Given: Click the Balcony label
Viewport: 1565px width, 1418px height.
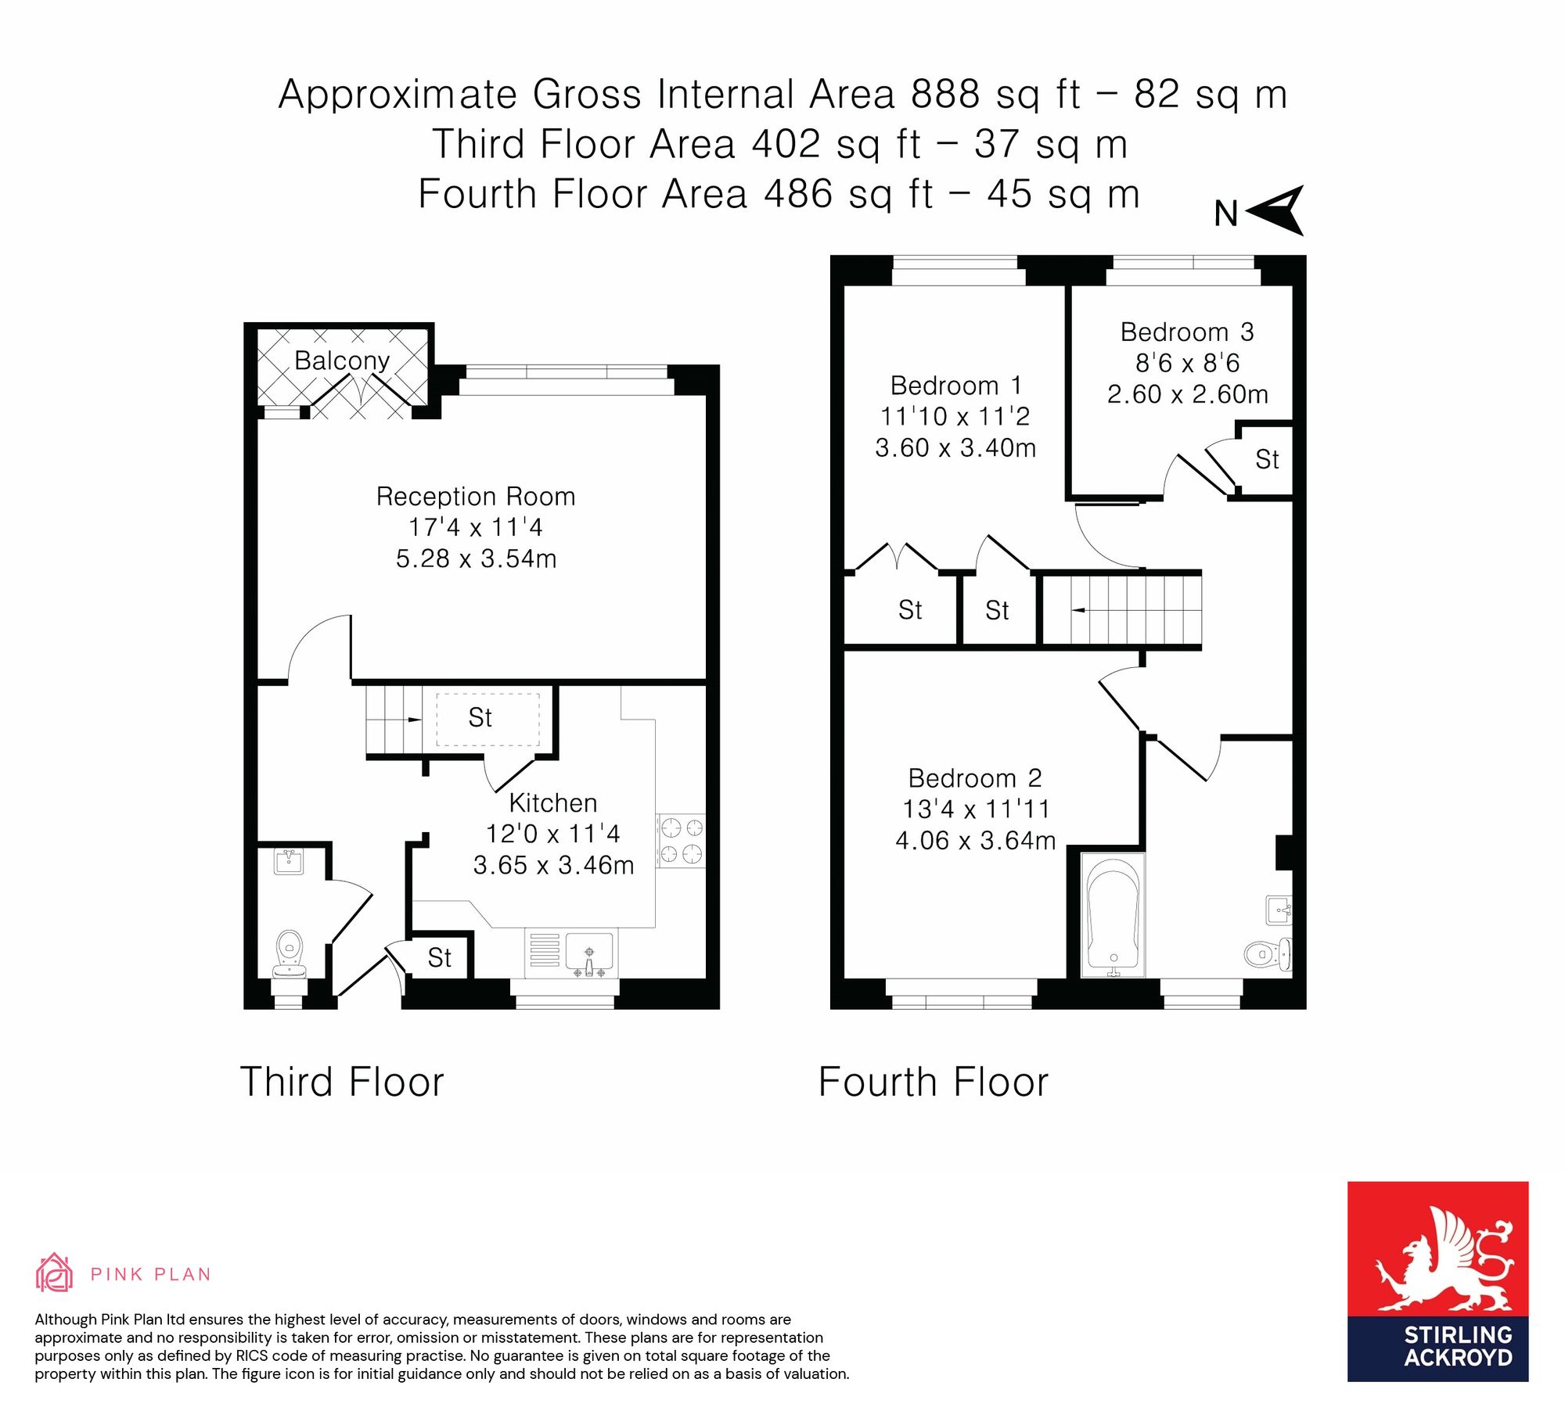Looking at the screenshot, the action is pos(342,361).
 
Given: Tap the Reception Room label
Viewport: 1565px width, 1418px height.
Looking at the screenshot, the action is pos(476,497).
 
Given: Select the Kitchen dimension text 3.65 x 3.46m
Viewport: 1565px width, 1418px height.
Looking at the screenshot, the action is pos(553,865).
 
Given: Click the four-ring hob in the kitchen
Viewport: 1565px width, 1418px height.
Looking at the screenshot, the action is pos(681,841).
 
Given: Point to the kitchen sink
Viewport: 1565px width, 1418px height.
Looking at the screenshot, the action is pos(589,953).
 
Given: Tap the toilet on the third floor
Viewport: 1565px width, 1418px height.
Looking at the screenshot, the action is pos(290,953).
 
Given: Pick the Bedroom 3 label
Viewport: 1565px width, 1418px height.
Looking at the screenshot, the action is pos(1187,332).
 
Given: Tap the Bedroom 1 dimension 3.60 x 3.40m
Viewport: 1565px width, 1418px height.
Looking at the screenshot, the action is pos(955,447).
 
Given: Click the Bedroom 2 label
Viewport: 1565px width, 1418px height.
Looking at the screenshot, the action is pos(975,778).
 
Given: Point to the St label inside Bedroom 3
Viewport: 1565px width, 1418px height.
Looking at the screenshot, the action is pos(1267,459).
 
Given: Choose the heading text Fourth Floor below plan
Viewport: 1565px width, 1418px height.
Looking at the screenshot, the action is pos(933,1082).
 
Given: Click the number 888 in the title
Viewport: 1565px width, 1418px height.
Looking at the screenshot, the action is pos(945,94).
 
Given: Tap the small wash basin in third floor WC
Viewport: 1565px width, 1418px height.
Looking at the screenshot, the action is pos(289,862).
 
